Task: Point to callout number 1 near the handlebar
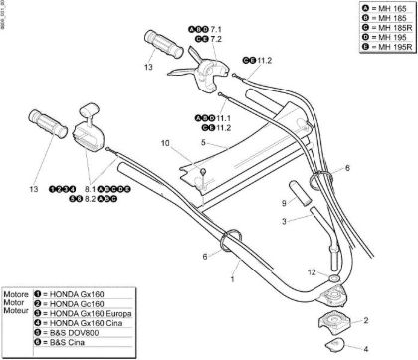tap(234, 281)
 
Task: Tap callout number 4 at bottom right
tap(363, 347)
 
